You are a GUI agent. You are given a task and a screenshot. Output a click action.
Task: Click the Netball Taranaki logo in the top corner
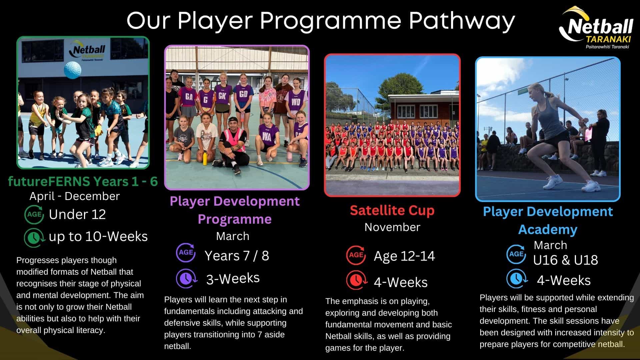click(596, 28)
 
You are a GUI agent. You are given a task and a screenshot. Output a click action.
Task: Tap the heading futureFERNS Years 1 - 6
click(83, 181)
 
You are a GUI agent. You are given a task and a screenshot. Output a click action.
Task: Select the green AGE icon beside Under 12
click(34, 214)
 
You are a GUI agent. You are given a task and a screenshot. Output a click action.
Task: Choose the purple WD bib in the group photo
click(295, 102)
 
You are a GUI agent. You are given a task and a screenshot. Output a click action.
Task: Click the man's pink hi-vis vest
click(233, 140)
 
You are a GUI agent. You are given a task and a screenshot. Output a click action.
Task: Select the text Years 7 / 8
click(237, 256)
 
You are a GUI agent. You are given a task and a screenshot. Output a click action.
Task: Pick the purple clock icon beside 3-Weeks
click(186, 278)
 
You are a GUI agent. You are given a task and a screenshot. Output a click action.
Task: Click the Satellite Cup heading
click(392, 210)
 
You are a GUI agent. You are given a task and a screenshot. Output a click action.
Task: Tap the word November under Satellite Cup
click(392, 227)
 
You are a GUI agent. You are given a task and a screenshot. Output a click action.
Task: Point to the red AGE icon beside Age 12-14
click(356, 255)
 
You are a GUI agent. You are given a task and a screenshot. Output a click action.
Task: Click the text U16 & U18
click(565, 260)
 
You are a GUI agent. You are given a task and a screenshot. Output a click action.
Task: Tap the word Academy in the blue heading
click(548, 230)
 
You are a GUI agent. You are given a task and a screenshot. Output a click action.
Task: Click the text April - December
click(74, 196)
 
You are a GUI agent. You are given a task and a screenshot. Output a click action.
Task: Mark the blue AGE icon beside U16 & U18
click(516, 254)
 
